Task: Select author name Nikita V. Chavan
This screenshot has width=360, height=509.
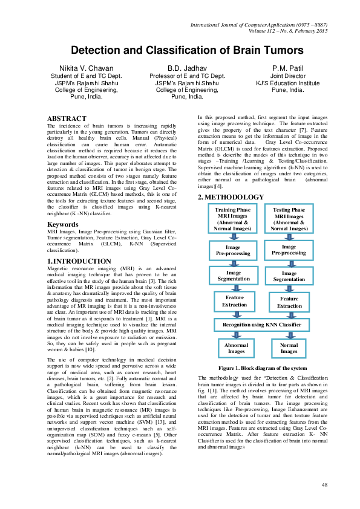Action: pos(85,68)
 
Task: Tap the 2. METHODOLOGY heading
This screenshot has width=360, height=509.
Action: pos(231,197)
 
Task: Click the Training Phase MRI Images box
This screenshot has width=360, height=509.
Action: pos(233,219)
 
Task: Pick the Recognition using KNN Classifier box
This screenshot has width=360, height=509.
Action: pos(261,325)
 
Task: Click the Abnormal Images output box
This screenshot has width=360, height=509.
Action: pos(236,348)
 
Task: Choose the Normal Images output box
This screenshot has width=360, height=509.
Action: pos(289,348)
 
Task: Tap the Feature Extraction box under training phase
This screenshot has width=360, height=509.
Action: pos(235,301)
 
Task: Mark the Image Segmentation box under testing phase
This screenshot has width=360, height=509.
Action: pos(289,276)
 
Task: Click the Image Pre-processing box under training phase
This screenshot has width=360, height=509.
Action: pos(233,251)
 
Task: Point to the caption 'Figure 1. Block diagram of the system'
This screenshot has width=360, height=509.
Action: pos(262,368)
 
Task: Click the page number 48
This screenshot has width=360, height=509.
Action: pos(324,485)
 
